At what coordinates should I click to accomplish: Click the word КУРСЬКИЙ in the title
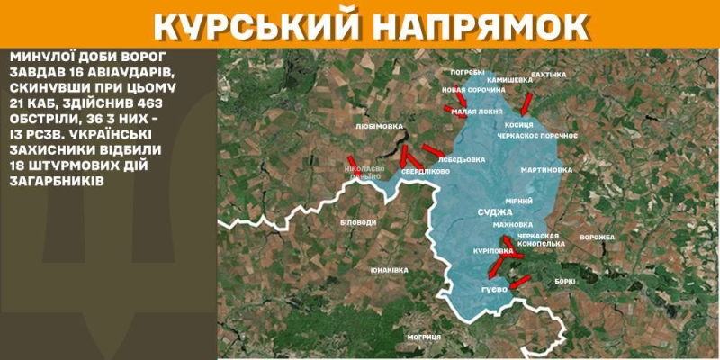point(255,27)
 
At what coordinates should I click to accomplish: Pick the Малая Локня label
point(477,112)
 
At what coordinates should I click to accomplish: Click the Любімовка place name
point(380,127)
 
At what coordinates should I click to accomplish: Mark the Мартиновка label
point(546,169)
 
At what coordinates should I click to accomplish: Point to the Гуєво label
point(495,291)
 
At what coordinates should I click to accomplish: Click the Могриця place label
point(423,337)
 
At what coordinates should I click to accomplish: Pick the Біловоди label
point(360,220)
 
